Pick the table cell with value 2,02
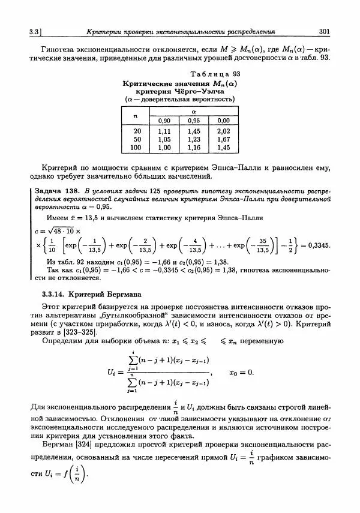(223, 130)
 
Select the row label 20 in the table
(137, 130)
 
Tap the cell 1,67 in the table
(223, 139)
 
